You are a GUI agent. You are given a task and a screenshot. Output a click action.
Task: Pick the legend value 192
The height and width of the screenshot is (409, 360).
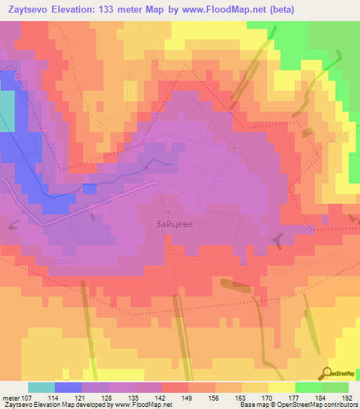tap(346, 398)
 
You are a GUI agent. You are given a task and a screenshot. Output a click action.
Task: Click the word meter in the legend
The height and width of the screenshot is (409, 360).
tap(10, 398)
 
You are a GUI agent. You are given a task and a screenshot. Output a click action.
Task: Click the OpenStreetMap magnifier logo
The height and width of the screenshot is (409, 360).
tap(328, 374)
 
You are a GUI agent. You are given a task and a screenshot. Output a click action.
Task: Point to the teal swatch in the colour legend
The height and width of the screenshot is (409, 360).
tap(41, 387)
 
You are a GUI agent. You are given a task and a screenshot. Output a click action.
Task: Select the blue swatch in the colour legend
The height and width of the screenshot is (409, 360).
tap(67, 387)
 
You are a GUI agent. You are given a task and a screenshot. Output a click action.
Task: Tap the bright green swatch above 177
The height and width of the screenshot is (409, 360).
tap(308, 387)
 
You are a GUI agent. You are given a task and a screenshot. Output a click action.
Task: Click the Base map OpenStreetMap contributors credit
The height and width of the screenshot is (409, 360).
tap(298, 405)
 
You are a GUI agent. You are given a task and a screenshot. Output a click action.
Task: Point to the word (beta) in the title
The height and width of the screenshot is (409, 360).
tap(279, 9)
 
